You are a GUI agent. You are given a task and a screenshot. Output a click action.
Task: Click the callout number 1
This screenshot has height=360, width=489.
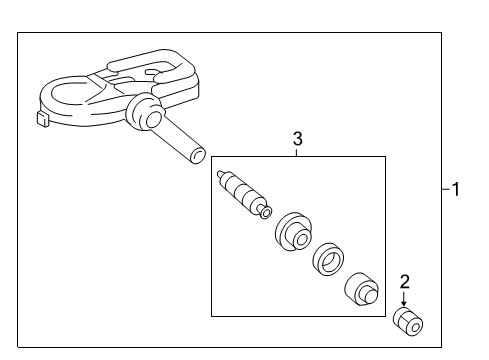point(456,189)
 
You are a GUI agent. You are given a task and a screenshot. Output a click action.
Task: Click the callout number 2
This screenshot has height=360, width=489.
point(404,282)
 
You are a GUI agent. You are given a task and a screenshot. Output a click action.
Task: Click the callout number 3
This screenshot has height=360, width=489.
point(298,139)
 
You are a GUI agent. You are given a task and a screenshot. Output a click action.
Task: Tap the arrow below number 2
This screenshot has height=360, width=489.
point(404,299)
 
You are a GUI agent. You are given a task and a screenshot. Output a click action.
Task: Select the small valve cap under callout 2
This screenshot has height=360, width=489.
point(408,322)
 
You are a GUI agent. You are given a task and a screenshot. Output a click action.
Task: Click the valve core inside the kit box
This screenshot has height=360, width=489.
point(244,195)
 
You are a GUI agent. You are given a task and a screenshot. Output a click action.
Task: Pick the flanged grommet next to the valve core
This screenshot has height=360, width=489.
point(294,232)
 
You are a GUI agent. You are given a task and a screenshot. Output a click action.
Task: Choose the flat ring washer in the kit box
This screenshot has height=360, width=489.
point(328,259)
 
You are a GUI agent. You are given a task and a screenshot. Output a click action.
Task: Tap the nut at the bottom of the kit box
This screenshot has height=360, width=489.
point(361,290)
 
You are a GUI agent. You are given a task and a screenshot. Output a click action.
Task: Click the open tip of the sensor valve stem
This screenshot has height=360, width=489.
point(197,156)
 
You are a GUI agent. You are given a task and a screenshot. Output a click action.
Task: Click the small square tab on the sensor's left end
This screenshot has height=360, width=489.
point(42,119)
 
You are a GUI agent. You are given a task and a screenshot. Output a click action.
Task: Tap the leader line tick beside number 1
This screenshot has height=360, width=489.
point(446,189)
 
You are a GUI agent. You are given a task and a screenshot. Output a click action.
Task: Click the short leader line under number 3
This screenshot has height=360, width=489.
point(297,152)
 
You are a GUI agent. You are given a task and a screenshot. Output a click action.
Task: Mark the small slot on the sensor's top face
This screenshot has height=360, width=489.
point(152,72)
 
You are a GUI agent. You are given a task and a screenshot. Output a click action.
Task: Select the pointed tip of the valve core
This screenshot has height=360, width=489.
point(219,173)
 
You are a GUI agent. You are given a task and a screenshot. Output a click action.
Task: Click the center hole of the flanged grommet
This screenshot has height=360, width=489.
point(302,240)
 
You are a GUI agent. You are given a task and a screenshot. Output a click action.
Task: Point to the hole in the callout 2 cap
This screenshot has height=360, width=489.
point(415,328)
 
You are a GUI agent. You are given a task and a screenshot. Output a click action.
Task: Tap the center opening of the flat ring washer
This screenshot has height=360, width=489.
point(331,261)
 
